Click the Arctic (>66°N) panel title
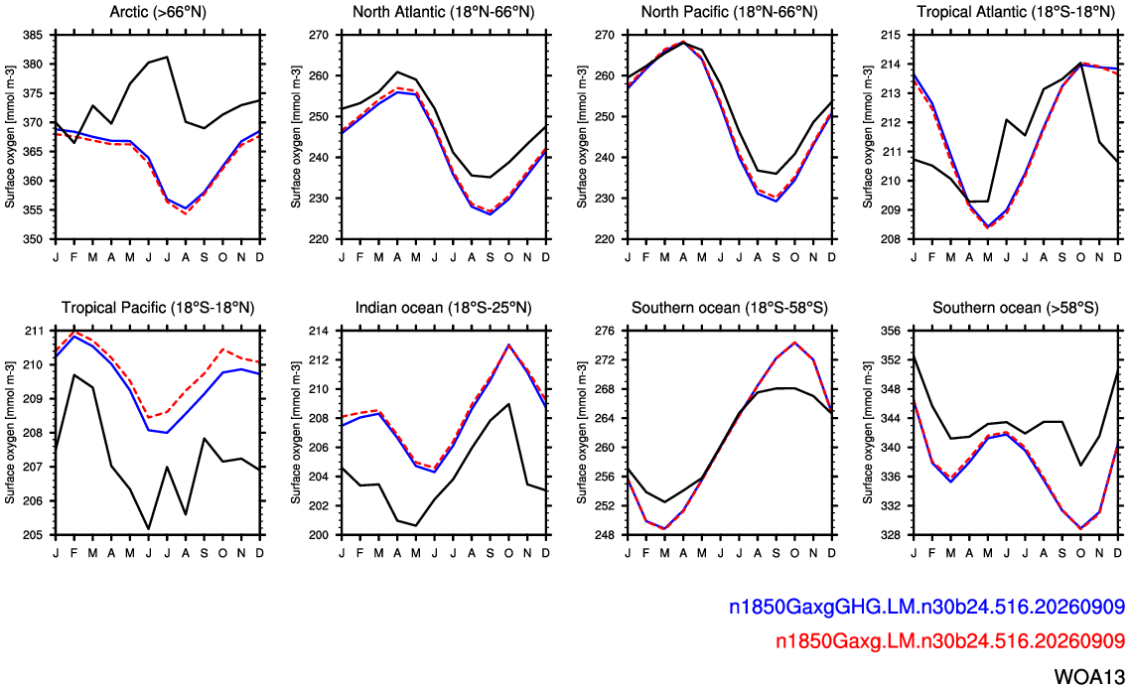point(158,12)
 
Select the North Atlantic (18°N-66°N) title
point(443,12)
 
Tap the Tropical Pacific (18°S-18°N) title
point(158,308)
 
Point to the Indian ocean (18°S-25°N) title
point(443,308)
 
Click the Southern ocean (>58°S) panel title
point(1016,308)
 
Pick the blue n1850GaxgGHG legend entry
point(926,608)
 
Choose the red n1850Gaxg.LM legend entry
point(950,640)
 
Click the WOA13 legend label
point(1089,676)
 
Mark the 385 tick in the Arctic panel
point(33,35)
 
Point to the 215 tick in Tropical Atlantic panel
point(892,35)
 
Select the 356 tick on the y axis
point(892,331)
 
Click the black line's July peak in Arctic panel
point(167,57)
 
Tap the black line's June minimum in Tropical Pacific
point(149,529)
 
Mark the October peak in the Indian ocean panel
point(508,345)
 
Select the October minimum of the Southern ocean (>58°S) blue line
point(1081,528)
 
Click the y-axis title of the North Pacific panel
point(582,137)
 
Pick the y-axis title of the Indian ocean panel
point(296,433)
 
